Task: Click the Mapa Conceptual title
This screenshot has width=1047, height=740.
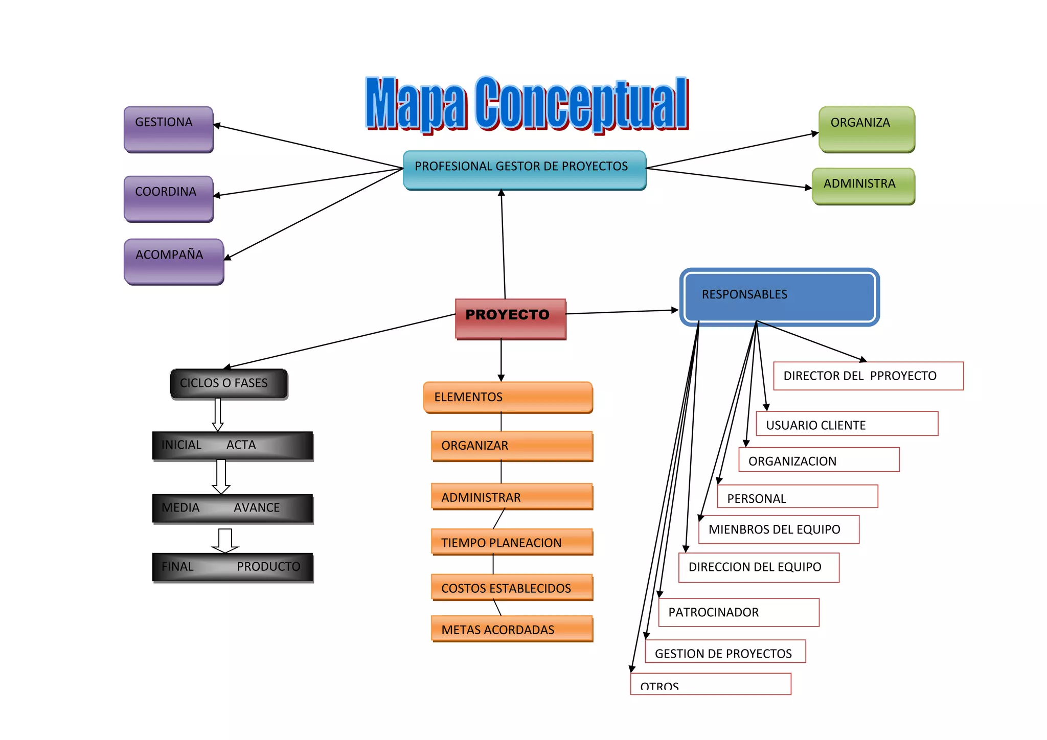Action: point(527,103)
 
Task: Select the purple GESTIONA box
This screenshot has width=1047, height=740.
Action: point(168,129)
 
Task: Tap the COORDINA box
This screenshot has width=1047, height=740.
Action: point(168,198)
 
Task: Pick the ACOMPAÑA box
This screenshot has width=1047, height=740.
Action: point(174,261)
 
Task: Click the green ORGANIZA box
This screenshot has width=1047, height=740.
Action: point(867,129)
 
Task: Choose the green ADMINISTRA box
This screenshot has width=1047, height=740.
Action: point(863,186)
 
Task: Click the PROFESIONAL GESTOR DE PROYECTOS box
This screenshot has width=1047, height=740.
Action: point(524,170)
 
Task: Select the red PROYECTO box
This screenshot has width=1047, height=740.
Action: point(510,318)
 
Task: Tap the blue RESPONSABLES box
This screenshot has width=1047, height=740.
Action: point(779,297)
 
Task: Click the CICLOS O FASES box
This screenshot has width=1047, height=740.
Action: point(229,383)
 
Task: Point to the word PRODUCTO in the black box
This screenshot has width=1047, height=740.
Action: point(268,566)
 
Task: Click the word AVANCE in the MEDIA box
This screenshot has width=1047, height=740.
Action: point(257,507)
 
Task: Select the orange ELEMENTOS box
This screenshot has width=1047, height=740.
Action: point(508,397)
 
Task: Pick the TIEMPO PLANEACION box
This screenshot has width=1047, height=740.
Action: point(512,542)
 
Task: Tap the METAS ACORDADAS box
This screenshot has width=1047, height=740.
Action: point(512,629)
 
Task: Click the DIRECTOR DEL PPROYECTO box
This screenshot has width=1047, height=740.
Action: point(868,376)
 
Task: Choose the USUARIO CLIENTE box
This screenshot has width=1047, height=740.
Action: point(847,424)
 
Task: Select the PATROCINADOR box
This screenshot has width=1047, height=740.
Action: point(738,612)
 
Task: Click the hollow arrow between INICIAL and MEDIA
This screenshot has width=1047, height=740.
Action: point(221,476)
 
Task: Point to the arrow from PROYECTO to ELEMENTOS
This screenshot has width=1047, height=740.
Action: point(501,360)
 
